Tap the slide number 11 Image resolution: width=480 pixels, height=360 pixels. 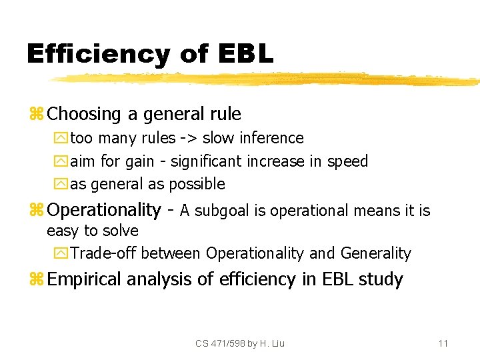tap(443, 343)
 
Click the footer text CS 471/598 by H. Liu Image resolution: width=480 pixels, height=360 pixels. tap(240, 343)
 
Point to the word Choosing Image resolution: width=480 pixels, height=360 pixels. tap(85, 114)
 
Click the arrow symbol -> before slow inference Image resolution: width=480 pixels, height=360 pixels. tap(187, 139)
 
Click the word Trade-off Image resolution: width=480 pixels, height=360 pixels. tap(104, 253)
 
